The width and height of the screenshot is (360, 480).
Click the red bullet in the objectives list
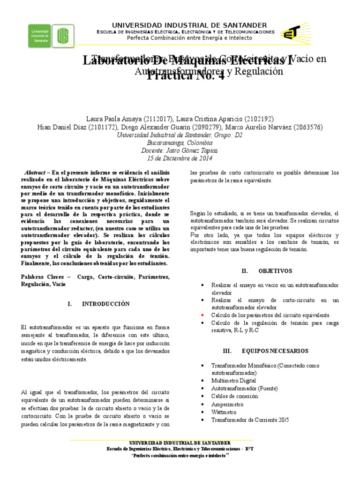tap(202, 315)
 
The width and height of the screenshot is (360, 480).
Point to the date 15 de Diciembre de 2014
tap(180, 158)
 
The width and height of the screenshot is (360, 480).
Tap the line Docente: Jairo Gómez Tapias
tap(180, 150)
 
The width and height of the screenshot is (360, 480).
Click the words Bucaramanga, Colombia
tap(180, 142)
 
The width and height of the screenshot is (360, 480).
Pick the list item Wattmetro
tap(225, 412)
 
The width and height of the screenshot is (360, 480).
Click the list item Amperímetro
tap(227, 404)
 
